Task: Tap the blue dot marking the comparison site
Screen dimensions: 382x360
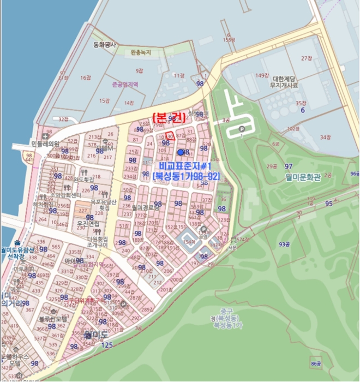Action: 181,152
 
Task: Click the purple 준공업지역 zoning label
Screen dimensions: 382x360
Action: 125,85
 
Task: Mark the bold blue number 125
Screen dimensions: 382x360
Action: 107,345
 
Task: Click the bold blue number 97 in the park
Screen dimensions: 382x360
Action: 289,166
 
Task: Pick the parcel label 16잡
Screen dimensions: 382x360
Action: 86,78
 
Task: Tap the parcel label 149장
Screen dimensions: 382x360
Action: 263,75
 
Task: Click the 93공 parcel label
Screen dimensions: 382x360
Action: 284,244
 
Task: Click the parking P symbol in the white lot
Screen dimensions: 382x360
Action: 242,129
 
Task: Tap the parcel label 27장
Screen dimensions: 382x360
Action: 307,58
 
